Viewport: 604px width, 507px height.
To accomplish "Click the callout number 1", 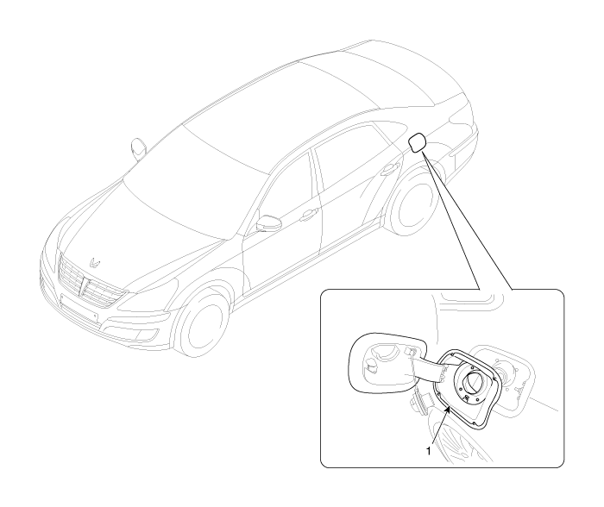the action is [x=428, y=451].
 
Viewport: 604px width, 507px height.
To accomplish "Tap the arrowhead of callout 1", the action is [x=448, y=410].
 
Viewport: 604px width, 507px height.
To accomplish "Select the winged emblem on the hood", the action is [x=94, y=263].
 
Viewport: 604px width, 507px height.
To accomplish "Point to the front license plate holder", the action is [x=79, y=307].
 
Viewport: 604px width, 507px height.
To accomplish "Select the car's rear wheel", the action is [x=413, y=203].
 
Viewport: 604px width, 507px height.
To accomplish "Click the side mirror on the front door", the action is [x=268, y=223].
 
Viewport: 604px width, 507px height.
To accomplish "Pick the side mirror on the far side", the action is [x=138, y=147].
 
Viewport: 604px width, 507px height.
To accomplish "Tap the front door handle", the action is [x=309, y=215].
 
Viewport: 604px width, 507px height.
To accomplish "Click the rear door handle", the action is [x=389, y=169].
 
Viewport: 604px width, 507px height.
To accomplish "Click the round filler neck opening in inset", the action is [x=473, y=384].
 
